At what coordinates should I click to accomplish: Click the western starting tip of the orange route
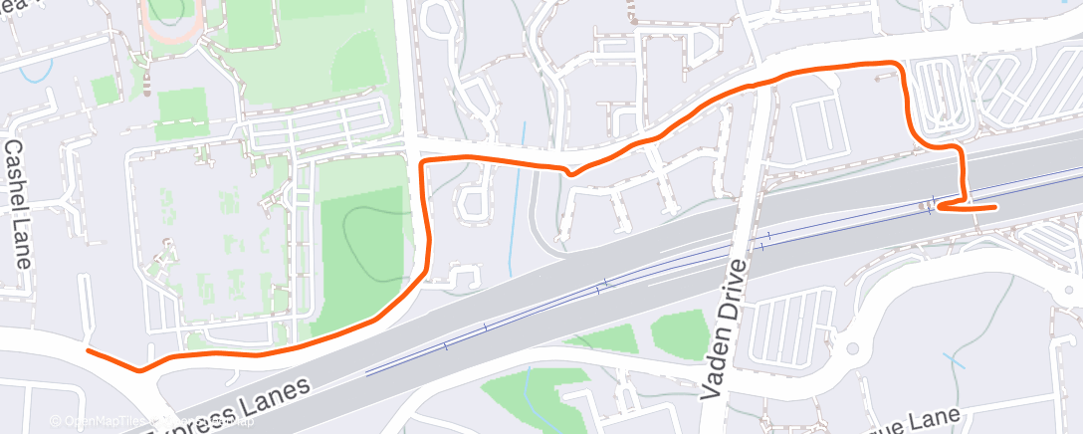click(89, 351)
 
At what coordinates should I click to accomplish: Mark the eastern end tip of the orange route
click(996, 207)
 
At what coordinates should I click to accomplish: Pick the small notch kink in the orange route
click(570, 172)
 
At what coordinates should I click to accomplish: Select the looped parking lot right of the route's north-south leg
click(940, 95)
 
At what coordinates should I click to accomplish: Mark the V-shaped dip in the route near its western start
click(140, 370)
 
